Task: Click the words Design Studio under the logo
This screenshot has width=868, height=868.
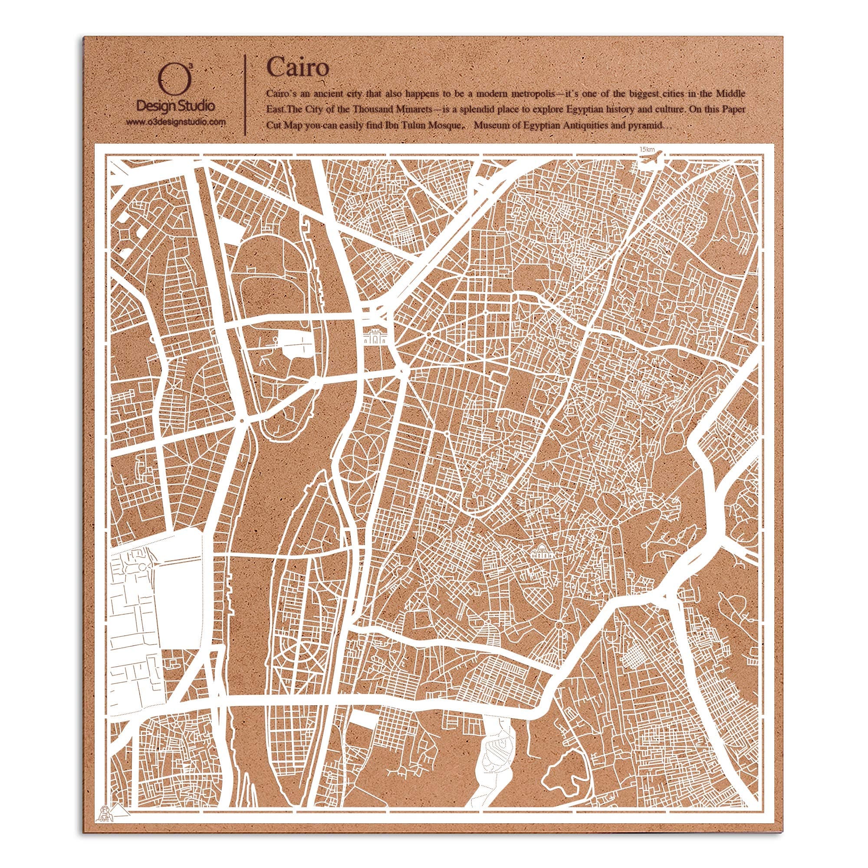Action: click(x=175, y=106)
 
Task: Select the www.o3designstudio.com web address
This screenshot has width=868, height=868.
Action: click(x=175, y=122)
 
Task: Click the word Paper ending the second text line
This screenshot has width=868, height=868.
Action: click(x=736, y=110)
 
